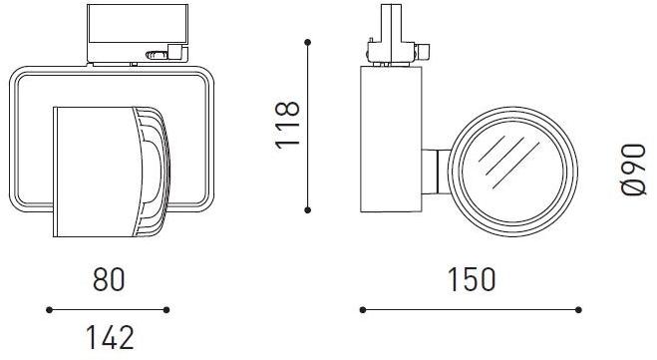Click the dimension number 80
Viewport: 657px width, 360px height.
(x=109, y=280)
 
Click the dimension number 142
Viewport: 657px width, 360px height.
(x=109, y=338)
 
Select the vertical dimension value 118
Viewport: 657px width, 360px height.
(x=287, y=125)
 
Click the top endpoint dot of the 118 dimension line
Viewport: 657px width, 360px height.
(x=309, y=42)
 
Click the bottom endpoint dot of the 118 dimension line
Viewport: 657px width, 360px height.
(x=309, y=209)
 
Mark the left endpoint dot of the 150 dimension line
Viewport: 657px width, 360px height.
(x=362, y=310)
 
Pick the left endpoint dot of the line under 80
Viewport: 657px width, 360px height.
(x=50, y=310)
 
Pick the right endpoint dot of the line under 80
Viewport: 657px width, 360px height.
(x=166, y=310)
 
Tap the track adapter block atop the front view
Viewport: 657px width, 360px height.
(x=135, y=34)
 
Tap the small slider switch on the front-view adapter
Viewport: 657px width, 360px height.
(x=154, y=57)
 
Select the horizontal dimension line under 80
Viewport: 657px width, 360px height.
(x=109, y=310)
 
